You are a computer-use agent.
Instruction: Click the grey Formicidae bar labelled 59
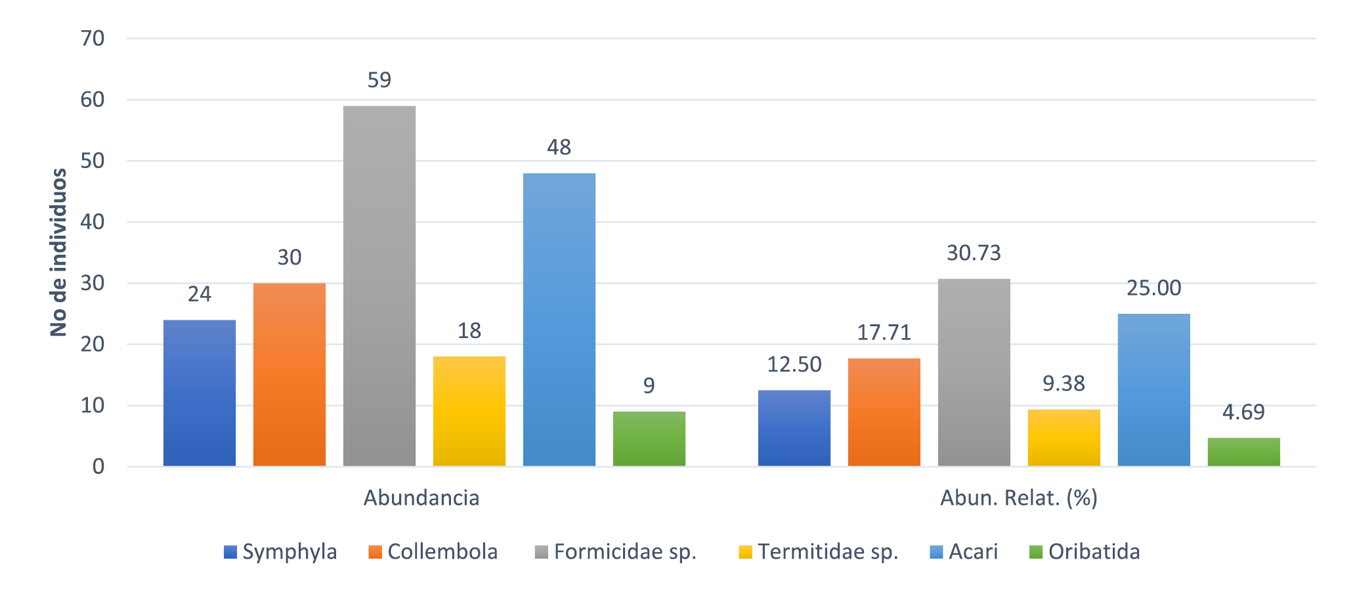pyautogui.click(x=379, y=286)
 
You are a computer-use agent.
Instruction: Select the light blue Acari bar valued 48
pyautogui.click(x=559, y=320)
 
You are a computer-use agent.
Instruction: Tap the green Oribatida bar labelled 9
pyautogui.click(x=649, y=439)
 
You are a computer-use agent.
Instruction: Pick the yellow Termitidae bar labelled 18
pyautogui.click(x=469, y=411)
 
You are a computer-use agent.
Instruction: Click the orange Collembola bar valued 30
pyautogui.click(x=289, y=374)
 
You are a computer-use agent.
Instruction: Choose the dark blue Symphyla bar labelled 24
pyautogui.click(x=199, y=393)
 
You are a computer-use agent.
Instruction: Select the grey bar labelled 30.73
pyautogui.click(x=974, y=372)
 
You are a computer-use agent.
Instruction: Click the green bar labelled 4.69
pyautogui.click(x=1243, y=452)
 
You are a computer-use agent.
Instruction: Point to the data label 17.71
pyautogui.click(x=884, y=333)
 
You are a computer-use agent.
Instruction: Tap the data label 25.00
pyautogui.click(x=1153, y=288)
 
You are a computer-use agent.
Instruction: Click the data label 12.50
pyautogui.click(x=794, y=364)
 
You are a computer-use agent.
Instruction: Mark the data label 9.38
pyautogui.click(x=1064, y=383)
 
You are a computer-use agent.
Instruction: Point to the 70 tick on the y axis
pyautogui.click(x=93, y=39)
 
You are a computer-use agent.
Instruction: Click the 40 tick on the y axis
pyautogui.click(x=93, y=222)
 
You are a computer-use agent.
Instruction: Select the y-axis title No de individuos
pyautogui.click(x=59, y=253)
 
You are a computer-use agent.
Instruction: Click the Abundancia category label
pyautogui.click(x=421, y=498)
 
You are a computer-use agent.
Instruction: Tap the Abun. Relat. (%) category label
pyautogui.click(x=1019, y=498)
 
